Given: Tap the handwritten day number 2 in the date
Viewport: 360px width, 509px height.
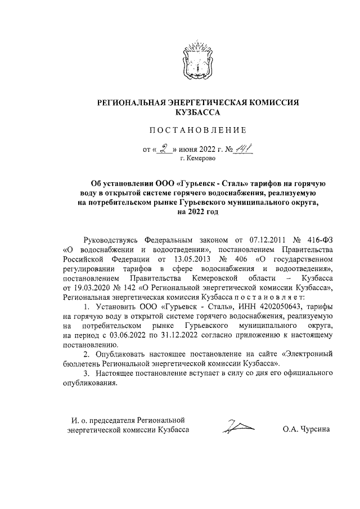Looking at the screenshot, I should (x=164, y=149).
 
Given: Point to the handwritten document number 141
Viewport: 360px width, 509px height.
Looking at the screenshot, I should (x=244, y=148).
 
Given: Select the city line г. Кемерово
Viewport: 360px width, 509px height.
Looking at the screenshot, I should (x=197, y=160).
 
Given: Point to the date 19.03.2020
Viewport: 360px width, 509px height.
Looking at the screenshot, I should (x=83, y=287).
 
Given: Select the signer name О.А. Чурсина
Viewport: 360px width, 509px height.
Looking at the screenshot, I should (x=306, y=430).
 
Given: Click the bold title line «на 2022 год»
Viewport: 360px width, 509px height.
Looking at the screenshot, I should (x=197, y=213).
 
